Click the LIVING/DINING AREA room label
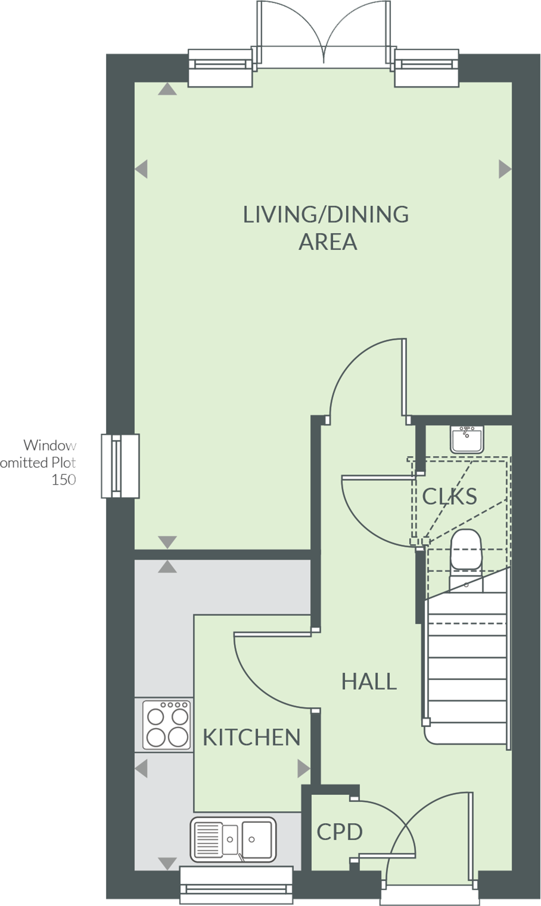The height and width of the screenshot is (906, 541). tap(326, 228)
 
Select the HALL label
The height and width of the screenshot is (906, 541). tap(369, 681)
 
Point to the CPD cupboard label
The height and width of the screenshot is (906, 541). tap(339, 832)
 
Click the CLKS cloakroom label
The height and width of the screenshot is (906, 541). tap(450, 496)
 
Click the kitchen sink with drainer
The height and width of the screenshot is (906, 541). tap(233, 839)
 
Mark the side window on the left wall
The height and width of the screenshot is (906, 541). tap(120, 466)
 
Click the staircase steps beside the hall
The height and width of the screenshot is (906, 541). tap(466, 667)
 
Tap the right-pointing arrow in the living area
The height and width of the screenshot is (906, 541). tap(505, 169)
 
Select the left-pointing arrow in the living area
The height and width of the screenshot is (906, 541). tap(141, 169)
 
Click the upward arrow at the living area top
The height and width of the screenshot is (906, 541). tap(168, 89)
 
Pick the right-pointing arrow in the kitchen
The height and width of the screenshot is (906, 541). tap(304, 768)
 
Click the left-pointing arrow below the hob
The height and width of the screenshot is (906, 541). tap(141, 768)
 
